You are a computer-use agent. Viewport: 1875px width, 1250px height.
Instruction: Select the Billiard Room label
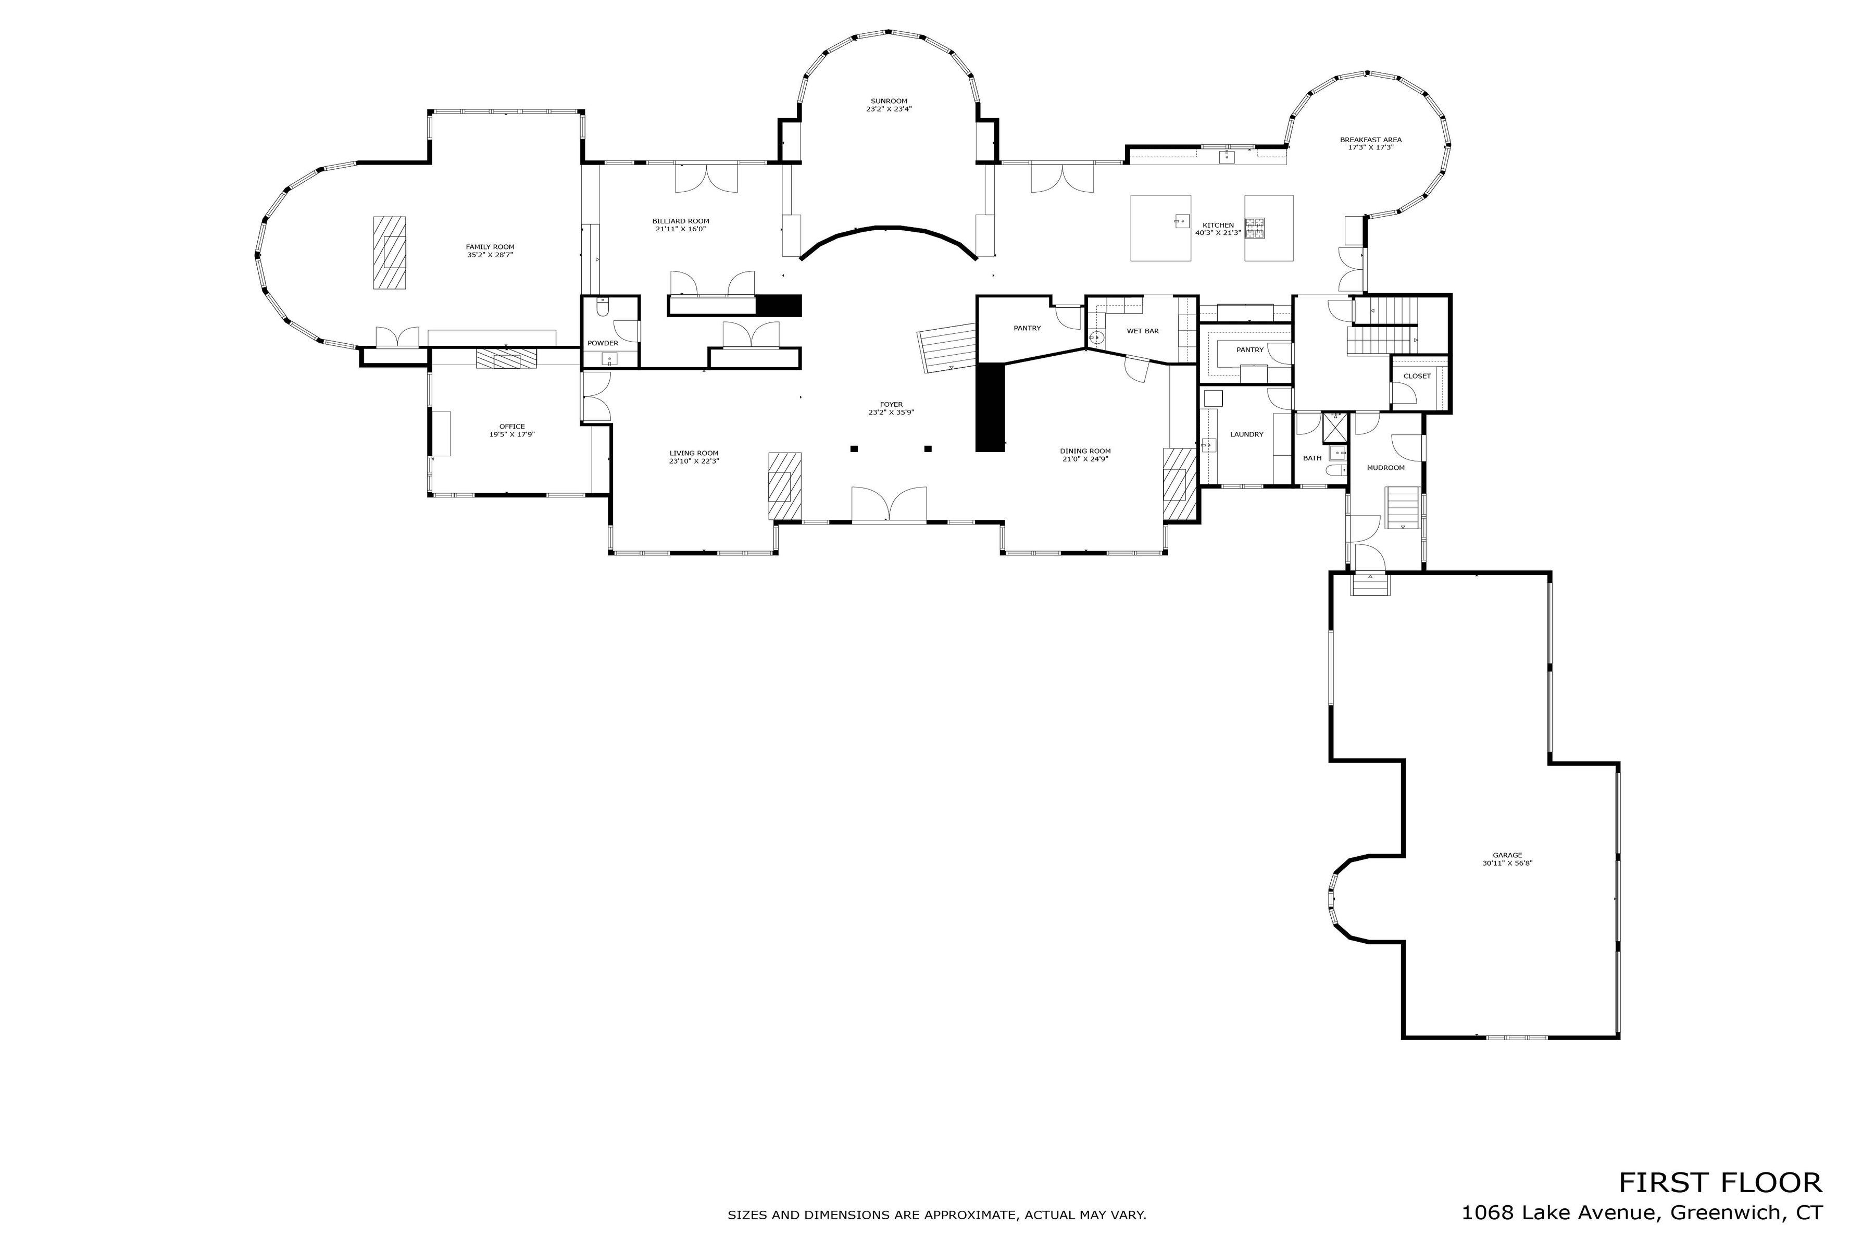681,221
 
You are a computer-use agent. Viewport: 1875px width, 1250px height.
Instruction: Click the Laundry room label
1247,434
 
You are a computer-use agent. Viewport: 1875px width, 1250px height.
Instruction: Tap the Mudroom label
1385,468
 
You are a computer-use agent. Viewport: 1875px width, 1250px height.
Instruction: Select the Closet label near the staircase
1417,376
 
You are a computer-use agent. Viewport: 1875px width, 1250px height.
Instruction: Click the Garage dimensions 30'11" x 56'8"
1507,863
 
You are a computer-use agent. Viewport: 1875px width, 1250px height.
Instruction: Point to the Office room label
512,427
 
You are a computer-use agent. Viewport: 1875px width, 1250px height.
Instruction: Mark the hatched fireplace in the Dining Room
1180,485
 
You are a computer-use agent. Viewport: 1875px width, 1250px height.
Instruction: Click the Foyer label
891,404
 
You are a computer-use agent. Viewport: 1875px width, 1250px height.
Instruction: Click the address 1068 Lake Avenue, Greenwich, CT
1642,1212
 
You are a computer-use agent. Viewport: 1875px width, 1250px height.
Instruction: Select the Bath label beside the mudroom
1312,458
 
